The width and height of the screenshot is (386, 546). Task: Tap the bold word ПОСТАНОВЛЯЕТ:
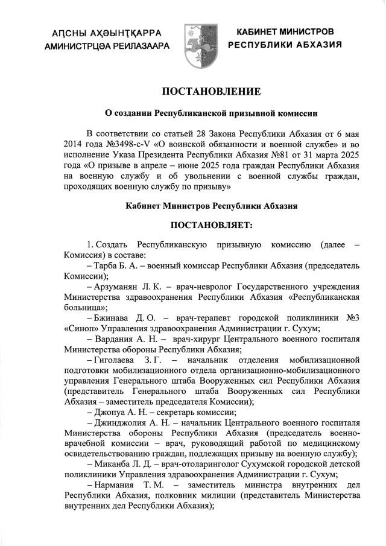point(211,224)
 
